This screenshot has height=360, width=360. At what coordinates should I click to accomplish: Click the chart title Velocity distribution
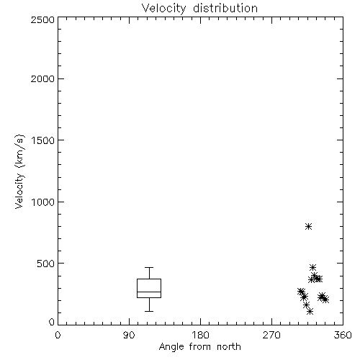point(199,9)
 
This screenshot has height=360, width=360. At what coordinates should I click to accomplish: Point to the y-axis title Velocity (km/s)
point(19,171)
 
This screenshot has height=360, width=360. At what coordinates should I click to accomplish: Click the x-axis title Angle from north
point(199,347)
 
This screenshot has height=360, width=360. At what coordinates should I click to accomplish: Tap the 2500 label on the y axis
point(42,19)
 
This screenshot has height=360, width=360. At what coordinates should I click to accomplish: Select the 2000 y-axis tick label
point(42,78)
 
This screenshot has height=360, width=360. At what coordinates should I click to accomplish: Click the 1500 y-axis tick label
point(43,140)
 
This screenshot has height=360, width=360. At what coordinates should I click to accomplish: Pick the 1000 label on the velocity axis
point(43,202)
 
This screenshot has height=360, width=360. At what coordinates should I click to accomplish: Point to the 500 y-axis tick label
point(46,264)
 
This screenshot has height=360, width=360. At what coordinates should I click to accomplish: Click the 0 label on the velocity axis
point(52,322)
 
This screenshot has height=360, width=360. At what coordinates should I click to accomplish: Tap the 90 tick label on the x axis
point(129,335)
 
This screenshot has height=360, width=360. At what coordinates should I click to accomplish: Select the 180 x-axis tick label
point(200,335)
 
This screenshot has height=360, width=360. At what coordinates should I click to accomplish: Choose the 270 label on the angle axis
point(271,335)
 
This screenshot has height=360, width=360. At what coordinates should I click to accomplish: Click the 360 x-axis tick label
point(343,335)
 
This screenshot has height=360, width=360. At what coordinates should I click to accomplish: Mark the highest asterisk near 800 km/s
point(308,226)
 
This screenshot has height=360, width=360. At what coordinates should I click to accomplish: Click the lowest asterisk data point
point(310,312)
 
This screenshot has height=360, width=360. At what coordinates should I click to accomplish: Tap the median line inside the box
point(149,292)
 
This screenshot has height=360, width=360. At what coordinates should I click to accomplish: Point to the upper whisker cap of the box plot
point(149,267)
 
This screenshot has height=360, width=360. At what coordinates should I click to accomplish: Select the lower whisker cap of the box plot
point(149,311)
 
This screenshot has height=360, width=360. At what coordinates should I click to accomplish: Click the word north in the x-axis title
point(229,347)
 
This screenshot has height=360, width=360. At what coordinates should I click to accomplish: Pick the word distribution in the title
point(225,9)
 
